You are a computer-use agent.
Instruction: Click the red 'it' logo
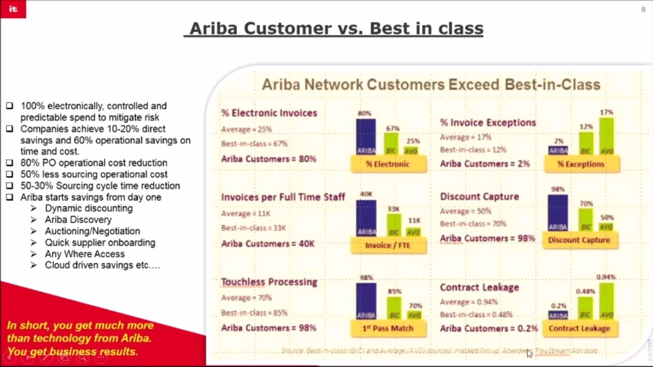tap(13, 9)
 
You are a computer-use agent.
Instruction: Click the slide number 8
tap(643, 10)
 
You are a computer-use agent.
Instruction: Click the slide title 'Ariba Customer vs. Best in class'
tap(334, 28)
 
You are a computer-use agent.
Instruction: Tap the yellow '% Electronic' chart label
tap(388, 164)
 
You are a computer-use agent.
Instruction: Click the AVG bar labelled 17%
tap(607, 136)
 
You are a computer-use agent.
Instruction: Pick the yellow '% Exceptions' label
tap(581, 164)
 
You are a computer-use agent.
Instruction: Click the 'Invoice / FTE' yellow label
tap(388, 245)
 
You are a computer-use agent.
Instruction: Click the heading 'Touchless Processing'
tap(269, 282)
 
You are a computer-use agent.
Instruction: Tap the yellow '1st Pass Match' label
tap(388, 328)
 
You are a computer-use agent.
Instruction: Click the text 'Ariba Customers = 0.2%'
tap(489, 328)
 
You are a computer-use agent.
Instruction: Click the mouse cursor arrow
tap(530, 353)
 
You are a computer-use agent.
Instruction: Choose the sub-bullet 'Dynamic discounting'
tap(88, 208)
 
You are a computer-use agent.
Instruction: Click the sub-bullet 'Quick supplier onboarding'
tap(100, 243)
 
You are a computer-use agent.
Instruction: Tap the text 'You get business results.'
tap(72, 352)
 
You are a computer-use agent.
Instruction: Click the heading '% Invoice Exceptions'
tap(488, 122)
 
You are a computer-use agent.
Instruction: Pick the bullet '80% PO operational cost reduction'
tap(93, 163)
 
